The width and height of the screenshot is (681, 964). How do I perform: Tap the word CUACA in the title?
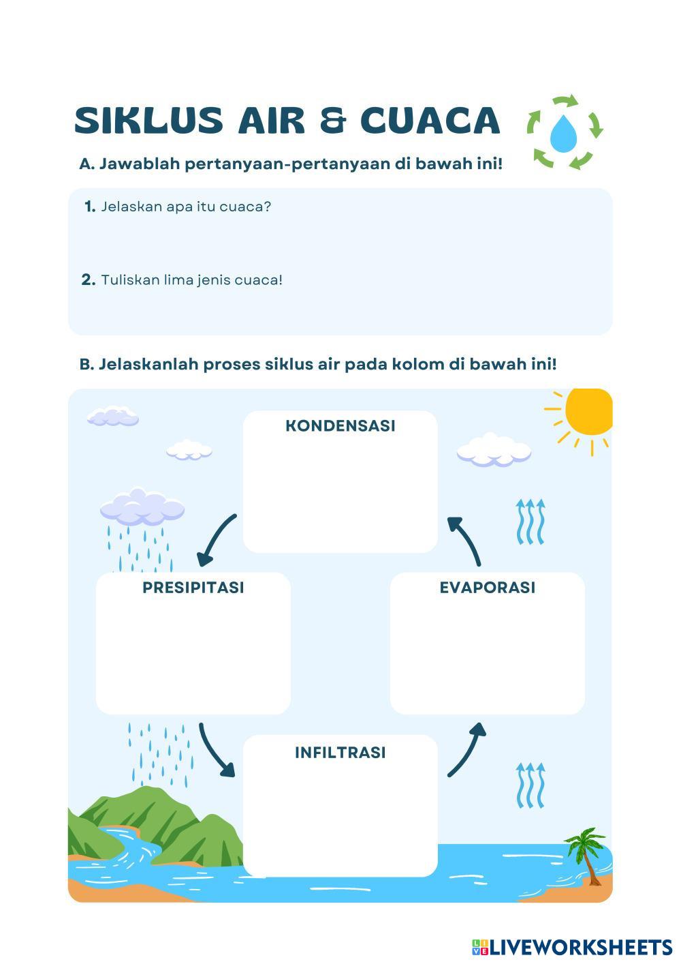point(430,120)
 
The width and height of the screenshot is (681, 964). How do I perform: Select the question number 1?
point(90,207)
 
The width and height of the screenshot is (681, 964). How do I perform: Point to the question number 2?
point(89,280)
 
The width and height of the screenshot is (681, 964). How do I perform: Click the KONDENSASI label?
point(340,426)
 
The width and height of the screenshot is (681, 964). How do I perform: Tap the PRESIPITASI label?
point(193,588)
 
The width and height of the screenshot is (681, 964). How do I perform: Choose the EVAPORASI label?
point(488,588)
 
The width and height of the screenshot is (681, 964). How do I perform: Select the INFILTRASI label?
point(340,753)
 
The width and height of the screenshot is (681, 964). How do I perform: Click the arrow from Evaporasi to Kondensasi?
point(465,540)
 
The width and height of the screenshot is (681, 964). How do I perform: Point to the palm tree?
point(585,852)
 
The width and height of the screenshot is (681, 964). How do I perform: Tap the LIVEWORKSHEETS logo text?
point(580,947)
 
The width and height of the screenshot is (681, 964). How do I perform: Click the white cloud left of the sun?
point(494,450)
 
